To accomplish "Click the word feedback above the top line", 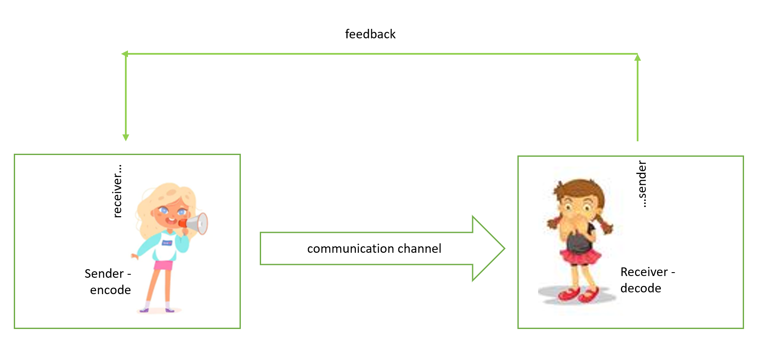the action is click(370, 34).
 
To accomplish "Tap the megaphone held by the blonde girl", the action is click(195, 223).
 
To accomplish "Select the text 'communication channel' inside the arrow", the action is click(374, 248).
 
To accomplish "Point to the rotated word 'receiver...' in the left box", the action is click(117, 191).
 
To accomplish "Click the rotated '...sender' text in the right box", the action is click(641, 184).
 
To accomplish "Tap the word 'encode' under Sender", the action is click(110, 290).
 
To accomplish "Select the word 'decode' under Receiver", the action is click(641, 288).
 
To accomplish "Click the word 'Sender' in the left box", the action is click(104, 273).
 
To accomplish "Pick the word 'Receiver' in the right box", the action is click(644, 272).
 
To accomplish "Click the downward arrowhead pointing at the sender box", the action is click(126, 138).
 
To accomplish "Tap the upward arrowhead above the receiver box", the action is click(638, 57).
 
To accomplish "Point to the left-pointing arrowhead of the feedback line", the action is click(125, 54).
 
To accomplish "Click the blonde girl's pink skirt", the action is click(163, 265).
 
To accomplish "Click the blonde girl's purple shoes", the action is click(157, 310).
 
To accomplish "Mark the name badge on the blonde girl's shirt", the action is click(167, 243).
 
